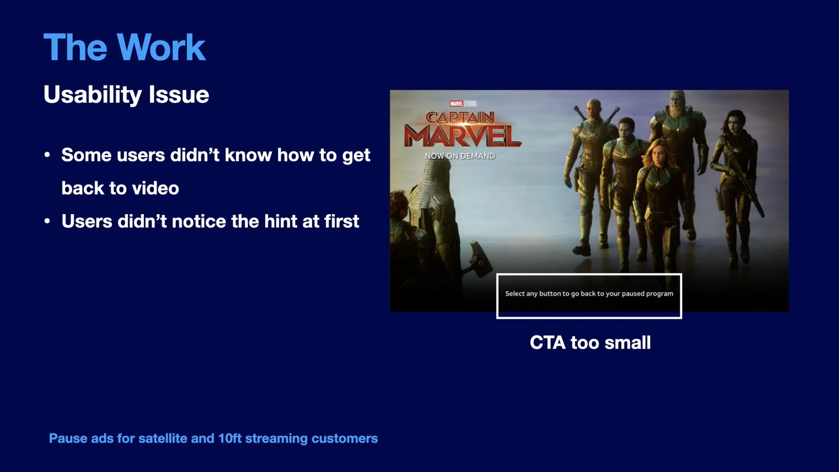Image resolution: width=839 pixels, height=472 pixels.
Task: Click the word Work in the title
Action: [x=161, y=47]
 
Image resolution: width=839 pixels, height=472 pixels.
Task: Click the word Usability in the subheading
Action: [x=92, y=95]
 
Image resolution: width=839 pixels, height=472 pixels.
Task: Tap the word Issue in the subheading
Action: [x=178, y=94]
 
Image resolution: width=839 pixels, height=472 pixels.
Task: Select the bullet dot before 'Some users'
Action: [x=47, y=155]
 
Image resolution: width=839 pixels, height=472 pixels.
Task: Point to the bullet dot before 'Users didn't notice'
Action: [x=47, y=221]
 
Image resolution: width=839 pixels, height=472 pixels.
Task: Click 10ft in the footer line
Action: [x=229, y=438]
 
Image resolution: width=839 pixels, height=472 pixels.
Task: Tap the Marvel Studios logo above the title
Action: [x=463, y=103]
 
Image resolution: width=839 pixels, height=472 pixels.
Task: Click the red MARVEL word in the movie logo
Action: [x=463, y=135]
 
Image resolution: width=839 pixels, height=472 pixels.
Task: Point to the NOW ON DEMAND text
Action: [x=460, y=156]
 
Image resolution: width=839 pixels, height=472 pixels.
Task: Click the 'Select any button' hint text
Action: [x=589, y=294]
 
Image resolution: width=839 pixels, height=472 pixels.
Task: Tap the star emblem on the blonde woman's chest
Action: [x=656, y=183]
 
